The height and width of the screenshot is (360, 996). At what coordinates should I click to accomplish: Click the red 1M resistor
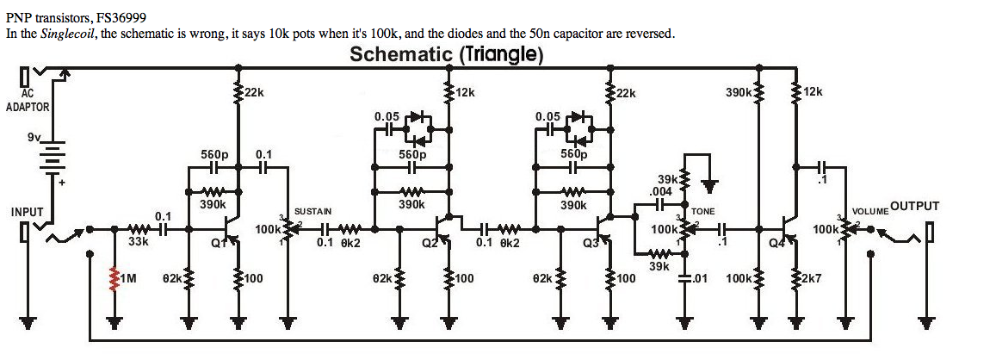click(x=114, y=277)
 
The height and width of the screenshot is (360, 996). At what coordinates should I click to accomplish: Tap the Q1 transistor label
click(x=217, y=241)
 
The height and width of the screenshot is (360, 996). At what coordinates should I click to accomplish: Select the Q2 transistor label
click(x=430, y=241)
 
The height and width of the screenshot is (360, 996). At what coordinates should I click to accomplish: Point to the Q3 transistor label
click(x=591, y=242)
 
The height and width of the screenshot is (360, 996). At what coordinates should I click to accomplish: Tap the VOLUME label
click(x=869, y=211)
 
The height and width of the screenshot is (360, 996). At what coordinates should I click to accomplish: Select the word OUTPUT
click(x=914, y=206)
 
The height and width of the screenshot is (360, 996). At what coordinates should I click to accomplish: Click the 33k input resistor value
click(x=139, y=243)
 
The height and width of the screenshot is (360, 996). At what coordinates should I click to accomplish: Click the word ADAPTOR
click(x=28, y=108)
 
